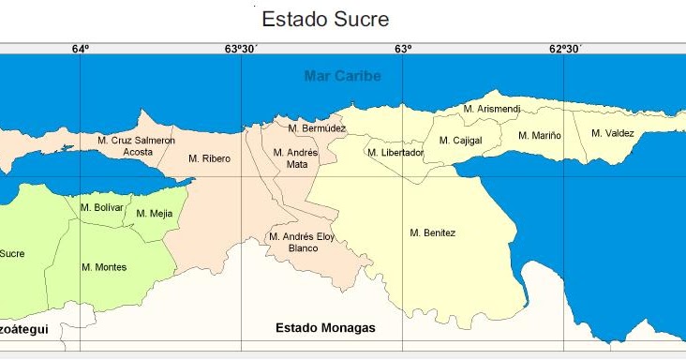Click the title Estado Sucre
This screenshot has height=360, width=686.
324,19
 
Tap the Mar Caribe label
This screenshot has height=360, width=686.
342,76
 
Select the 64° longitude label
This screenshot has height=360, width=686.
81,49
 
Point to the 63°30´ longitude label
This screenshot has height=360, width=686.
242,49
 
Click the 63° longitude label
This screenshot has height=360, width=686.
403,49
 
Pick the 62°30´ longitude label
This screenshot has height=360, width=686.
564,49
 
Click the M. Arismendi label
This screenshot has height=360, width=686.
492,110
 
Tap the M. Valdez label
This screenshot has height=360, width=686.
613,133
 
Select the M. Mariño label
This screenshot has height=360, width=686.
540,136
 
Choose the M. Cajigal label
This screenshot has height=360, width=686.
460,142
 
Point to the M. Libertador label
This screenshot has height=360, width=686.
395,153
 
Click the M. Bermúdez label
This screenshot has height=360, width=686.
317,128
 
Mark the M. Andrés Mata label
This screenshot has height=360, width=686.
296,158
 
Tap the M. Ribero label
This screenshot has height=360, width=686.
209,158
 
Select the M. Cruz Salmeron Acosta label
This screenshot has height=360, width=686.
136,145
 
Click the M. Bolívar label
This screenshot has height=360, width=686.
102,207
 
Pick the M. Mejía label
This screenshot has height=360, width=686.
155,214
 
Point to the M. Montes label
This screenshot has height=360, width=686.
104,267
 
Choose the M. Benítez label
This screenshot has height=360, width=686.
433,232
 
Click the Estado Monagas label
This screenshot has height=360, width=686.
325,328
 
